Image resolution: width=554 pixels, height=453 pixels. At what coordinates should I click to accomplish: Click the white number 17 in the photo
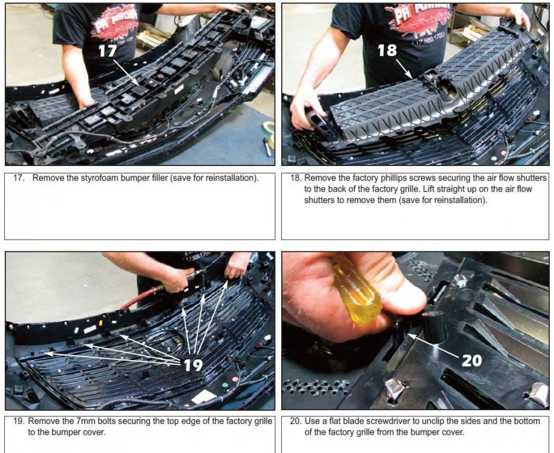107,51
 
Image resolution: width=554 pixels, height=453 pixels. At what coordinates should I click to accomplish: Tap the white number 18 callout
387,50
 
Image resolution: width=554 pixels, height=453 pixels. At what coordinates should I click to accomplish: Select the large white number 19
193,365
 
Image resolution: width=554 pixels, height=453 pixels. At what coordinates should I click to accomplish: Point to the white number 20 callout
472,361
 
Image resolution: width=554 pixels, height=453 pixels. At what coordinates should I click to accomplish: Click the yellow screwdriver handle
355,288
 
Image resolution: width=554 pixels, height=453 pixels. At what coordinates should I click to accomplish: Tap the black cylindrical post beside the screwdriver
435,327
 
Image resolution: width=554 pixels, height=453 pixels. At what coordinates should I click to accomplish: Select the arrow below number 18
404,69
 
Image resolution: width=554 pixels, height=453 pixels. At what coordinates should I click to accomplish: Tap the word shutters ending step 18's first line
530,178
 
